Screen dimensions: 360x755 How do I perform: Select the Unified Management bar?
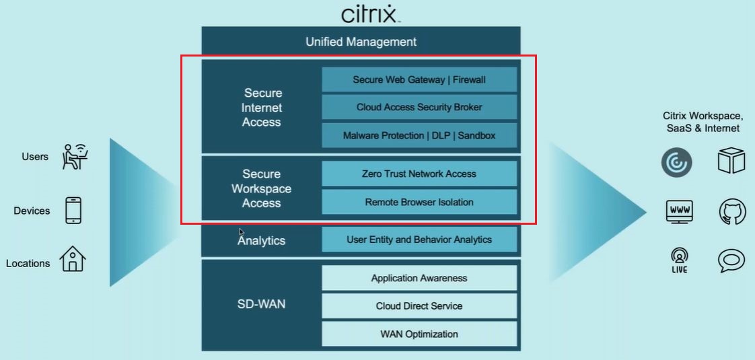pyautogui.click(x=361, y=42)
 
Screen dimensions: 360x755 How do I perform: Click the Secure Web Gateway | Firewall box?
pyautogui.click(x=419, y=79)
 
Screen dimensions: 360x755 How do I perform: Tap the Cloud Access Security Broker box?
pyautogui.click(x=419, y=107)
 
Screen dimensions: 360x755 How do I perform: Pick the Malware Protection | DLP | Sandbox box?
pyautogui.click(x=419, y=135)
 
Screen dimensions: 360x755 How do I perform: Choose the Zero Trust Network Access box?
pyautogui.click(x=419, y=174)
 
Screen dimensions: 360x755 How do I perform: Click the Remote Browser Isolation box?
pyautogui.click(x=419, y=202)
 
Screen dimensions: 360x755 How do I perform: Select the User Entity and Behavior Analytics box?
pyautogui.click(x=419, y=240)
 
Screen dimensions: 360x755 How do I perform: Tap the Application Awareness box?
pyautogui.click(x=419, y=278)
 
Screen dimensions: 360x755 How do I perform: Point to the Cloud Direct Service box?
pyautogui.click(x=419, y=306)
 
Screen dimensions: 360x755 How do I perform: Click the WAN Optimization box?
pyautogui.click(x=419, y=334)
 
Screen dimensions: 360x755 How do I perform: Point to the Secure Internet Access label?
pyautogui.click(x=262, y=108)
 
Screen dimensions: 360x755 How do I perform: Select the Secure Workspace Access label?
pyautogui.click(x=261, y=188)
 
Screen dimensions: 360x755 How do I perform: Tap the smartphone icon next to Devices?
pyautogui.click(x=73, y=211)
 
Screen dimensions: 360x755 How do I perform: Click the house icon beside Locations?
pyautogui.click(x=73, y=259)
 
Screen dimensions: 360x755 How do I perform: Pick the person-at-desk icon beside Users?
pyautogui.click(x=75, y=156)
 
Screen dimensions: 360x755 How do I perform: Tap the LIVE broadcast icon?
pyautogui.click(x=678, y=260)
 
